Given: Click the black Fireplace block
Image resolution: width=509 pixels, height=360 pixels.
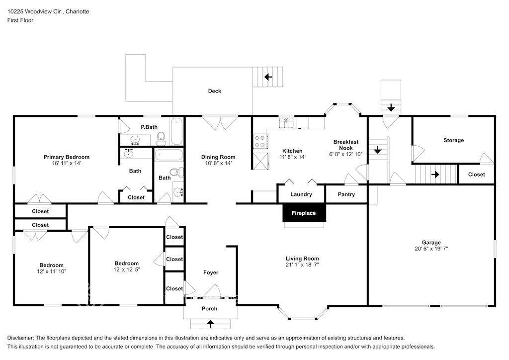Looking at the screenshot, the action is (304, 213).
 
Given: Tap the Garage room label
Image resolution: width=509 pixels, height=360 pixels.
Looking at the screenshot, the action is (431, 243).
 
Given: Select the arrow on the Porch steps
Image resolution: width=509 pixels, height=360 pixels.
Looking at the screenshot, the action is (211, 323).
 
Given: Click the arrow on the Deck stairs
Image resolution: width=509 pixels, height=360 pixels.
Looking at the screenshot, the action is (268, 77).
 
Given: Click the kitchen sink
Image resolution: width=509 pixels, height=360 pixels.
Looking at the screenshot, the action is (286, 123).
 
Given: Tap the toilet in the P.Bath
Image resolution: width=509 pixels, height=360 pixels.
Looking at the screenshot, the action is (161, 139).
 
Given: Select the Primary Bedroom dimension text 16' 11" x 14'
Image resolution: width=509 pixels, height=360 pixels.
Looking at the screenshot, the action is (67, 163).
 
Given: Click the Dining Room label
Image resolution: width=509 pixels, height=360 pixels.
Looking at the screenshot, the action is (218, 157).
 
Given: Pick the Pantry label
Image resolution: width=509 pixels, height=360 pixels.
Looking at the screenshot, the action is (346, 194).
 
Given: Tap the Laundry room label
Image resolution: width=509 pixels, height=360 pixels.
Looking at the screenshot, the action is (301, 194).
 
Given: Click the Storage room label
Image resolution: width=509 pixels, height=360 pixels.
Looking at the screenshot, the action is (453, 140).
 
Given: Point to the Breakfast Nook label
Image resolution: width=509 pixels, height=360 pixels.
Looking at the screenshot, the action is (346, 145).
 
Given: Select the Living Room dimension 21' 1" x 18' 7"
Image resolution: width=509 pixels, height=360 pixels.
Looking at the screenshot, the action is (302, 265).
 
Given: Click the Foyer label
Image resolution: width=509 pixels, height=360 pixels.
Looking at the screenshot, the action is (211, 272).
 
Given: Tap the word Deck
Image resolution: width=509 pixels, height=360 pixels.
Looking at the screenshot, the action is (215, 91).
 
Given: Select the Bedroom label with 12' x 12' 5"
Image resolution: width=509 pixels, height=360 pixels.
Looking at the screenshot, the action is (127, 263).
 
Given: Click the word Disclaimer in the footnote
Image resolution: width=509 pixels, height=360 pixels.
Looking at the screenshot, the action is (20, 338).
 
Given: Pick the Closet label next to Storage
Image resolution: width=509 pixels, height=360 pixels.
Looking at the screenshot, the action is (476, 175).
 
